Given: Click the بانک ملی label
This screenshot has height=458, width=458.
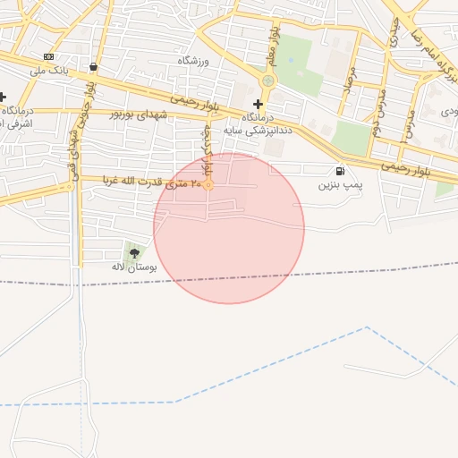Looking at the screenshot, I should point(50,69).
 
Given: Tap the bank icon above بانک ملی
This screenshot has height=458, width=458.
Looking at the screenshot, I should point(48,56).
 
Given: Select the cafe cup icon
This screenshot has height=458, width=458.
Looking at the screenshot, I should point(94,66).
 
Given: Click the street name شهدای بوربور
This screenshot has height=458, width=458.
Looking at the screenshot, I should point(139,114).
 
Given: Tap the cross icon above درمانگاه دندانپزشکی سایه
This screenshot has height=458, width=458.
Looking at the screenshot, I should point(258,104).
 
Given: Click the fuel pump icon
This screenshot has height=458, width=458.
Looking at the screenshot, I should point(339,171).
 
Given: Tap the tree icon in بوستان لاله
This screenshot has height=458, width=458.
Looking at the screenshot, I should point(134,253).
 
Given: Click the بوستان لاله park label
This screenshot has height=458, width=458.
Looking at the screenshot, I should point(134,267).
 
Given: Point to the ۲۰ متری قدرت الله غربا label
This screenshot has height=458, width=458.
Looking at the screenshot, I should point(152,182).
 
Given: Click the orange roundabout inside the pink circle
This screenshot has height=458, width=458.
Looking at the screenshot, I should point(208,185).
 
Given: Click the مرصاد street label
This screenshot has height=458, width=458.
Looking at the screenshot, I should point(350,81).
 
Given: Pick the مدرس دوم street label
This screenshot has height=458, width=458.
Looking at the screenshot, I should point(379,106).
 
